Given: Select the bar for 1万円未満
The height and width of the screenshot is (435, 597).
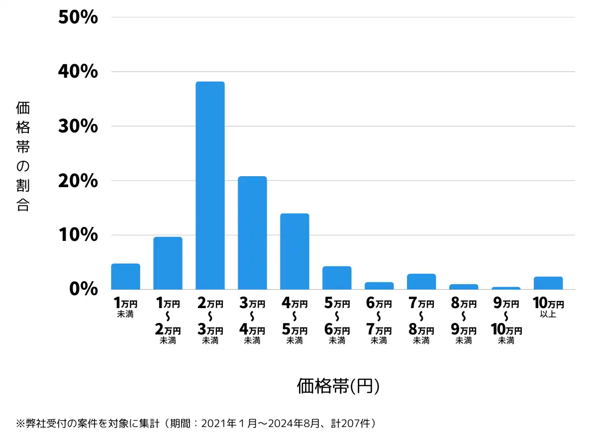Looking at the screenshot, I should pyautogui.click(x=125, y=276).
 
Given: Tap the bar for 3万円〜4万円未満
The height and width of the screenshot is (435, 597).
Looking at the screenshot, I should pyautogui.click(x=252, y=232).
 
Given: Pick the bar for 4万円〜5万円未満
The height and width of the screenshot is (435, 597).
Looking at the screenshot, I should pyautogui.click(x=295, y=251).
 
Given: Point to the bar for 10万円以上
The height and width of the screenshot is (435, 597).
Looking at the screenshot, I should pyautogui.click(x=548, y=283).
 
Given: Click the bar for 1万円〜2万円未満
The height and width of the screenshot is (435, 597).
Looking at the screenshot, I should pyautogui.click(x=168, y=263).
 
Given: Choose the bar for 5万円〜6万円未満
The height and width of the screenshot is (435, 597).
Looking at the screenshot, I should pyautogui.click(x=337, y=278).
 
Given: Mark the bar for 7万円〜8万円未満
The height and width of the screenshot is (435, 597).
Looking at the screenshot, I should pyautogui.click(x=421, y=281).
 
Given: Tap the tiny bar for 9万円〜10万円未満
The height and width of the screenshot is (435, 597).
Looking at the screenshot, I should pyautogui.click(x=506, y=288).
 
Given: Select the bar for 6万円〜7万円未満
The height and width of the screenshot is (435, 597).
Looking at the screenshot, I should pyautogui.click(x=379, y=286).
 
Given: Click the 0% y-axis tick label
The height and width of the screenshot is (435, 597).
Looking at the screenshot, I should pyautogui.click(x=84, y=289).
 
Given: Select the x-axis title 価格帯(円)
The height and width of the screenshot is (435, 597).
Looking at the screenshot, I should pyautogui.click(x=338, y=386).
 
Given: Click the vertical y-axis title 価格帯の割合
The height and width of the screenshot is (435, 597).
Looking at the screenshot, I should pyautogui.click(x=23, y=156).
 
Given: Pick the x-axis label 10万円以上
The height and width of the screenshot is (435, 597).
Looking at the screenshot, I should pyautogui.click(x=548, y=307).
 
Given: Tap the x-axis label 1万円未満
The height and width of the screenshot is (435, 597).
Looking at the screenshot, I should pyautogui.click(x=125, y=307).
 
